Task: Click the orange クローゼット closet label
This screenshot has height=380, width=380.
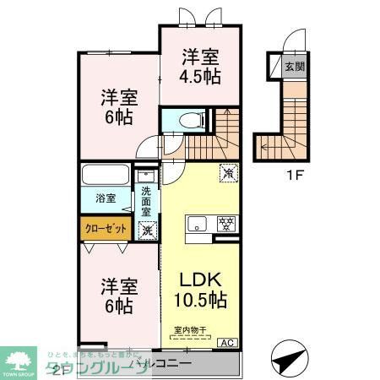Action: pyautogui.click(x=106, y=228)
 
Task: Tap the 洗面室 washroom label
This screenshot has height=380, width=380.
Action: pyautogui.click(x=148, y=202)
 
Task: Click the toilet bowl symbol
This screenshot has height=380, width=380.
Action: pyautogui.click(x=187, y=121)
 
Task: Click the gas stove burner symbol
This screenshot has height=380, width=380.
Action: pyautogui.click(x=225, y=225)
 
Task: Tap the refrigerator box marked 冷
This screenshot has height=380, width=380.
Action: pyautogui.click(x=227, y=172)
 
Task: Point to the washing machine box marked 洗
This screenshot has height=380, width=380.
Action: pyautogui.click(x=147, y=229)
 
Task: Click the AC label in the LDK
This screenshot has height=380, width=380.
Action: pyautogui.click(x=227, y=342)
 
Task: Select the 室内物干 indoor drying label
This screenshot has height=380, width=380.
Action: pyautogui.click(x=190, y=330)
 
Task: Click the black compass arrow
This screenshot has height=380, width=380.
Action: pyautogui.click(x=290, y=355)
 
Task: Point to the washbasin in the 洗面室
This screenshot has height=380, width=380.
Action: pyautogui.click(x=148, y=177)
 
